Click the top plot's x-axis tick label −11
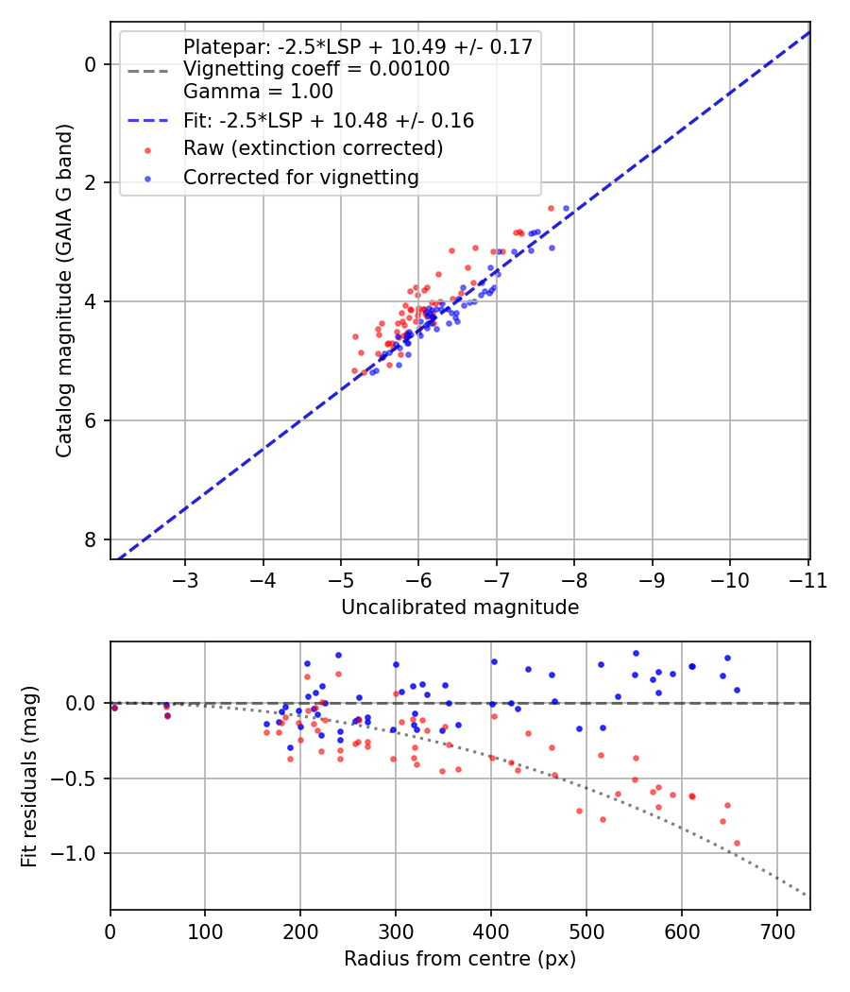(808, 581)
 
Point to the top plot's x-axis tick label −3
(185, 581)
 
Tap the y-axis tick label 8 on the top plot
(91, 539)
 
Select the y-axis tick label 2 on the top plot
(91, 183)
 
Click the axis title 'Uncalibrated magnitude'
(460, 607)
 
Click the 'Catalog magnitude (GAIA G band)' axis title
(64, 290)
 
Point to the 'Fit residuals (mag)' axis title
(29, 776)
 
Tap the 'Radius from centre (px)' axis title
(460, 959)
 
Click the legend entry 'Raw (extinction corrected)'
(313, 148)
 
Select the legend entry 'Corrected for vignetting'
(301, 178)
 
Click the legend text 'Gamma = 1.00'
(258, 92)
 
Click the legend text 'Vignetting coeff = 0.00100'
(316, 69)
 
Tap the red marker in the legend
(147, 150)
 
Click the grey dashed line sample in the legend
(147, 71)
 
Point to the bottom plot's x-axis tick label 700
(777, 932)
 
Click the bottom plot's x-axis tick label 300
(396, 932)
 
